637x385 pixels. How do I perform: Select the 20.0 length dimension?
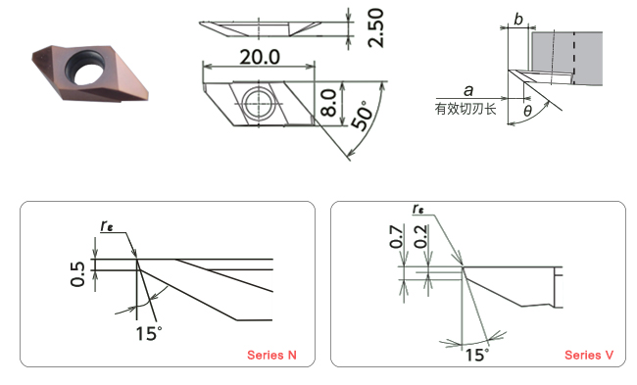click(260, 57)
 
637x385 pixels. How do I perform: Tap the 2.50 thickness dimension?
click(375, 27)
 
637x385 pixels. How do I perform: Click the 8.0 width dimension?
click(328, 103)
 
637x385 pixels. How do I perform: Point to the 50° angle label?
click(362, 116)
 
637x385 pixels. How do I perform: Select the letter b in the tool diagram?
click(518, 19)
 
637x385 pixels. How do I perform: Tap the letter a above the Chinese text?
click(468, 90)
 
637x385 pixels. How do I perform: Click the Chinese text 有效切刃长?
click(465, 109)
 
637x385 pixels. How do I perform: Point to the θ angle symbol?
click(527, 111)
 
